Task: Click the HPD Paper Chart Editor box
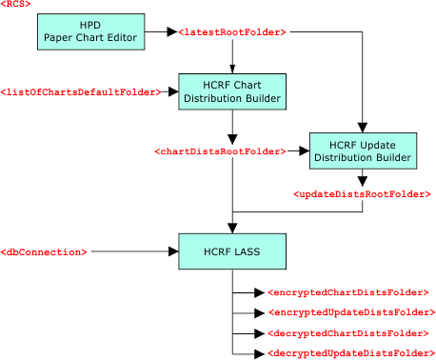pos(91,31)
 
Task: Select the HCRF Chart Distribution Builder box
pos(232,91)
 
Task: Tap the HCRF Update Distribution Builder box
pos(363,150)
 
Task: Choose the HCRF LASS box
pos(232,251)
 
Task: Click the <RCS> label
pos(15,4)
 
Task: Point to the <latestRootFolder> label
pos(232,32)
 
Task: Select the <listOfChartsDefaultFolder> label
pos(81,92)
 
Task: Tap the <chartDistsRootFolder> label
pos(220,151)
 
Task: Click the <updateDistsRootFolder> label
pos(362,194)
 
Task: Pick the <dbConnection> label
pos(44,252)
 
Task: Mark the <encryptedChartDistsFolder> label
pos(348,292)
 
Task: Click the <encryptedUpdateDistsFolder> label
pos(352,312)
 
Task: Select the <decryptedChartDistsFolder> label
pos(348,333)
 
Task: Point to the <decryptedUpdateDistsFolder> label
pos(351,353)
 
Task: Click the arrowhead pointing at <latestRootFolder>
pos(172,31)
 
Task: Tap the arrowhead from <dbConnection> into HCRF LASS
pos(173,251)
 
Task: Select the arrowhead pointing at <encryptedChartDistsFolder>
pos(260,292)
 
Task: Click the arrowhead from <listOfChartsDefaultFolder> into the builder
pos(173,91)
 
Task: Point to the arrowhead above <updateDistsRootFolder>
pos(363,182)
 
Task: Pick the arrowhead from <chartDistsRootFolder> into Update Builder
pos(305,151)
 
